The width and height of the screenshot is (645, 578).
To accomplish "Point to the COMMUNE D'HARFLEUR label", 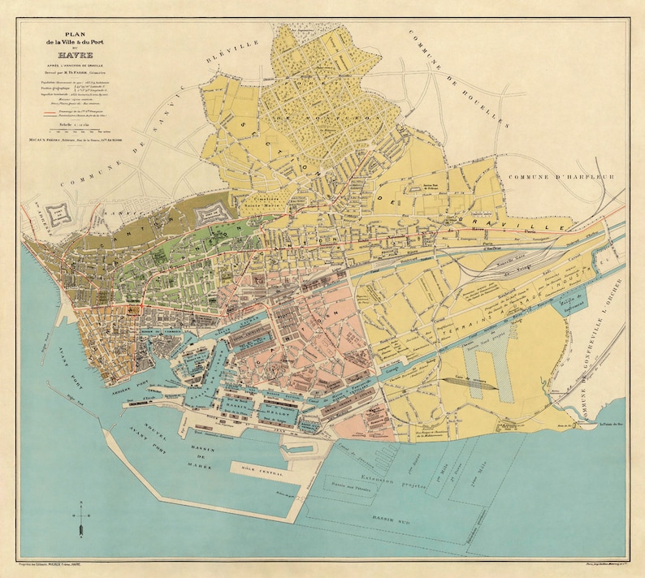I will tap(561, 176).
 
